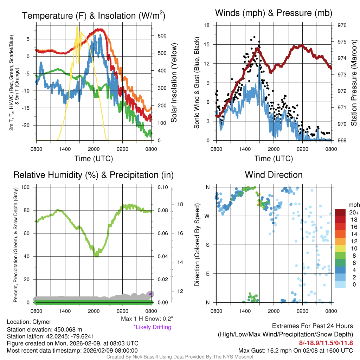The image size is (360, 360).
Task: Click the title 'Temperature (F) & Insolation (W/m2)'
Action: (x=94, y=15)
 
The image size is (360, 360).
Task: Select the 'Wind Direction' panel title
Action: (x=274, y=175)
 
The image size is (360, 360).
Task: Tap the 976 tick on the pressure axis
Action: (x=342, y=25)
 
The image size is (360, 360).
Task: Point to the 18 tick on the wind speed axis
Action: (x=207, y=25)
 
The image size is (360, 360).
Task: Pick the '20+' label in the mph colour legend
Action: (x=354, y=212)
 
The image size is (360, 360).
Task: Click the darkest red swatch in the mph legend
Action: (x=340, y=212)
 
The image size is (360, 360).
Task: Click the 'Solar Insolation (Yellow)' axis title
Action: (x=174, y=83)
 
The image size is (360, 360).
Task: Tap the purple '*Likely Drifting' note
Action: (x=152, y=327)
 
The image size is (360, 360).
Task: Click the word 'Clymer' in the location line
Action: (x=42, y=322)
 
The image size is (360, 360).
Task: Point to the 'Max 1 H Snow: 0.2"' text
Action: (x=147, y=319)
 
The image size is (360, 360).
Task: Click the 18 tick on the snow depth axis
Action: (x=180, y=204)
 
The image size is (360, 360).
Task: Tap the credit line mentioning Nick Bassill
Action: (x=180, y=357)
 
